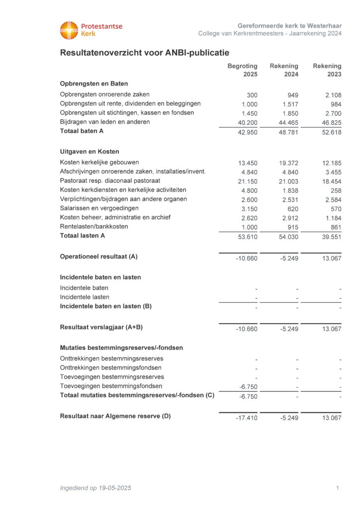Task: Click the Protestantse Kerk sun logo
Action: [69, 30]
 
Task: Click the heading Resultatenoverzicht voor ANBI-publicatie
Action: [144, 53]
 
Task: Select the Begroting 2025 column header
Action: [243, 70]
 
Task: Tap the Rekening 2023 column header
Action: [327, 70]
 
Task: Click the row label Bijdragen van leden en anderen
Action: [105, 122]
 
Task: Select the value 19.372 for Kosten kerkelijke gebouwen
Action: [288, 163]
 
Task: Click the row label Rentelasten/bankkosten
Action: [94, 227]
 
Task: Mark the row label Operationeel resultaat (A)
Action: [98, 256]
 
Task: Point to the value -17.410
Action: [247, 418]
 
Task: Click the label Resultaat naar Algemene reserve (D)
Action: [115, 416]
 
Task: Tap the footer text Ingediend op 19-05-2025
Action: [95, 488]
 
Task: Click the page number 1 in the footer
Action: [338, 488]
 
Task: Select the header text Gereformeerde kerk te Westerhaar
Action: [289, 25]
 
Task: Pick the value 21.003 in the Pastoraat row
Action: [288, 181]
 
